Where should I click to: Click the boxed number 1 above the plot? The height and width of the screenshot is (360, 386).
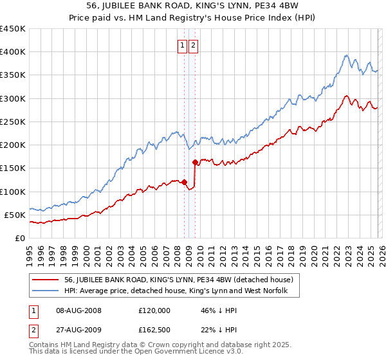[182, 45]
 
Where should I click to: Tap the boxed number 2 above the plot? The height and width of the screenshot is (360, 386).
[193, 45]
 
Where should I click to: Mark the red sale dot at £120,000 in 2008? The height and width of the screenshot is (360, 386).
[184, 182]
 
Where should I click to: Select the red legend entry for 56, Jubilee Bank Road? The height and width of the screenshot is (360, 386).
[179, 280]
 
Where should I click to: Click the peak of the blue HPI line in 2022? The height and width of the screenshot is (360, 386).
[346, 55]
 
